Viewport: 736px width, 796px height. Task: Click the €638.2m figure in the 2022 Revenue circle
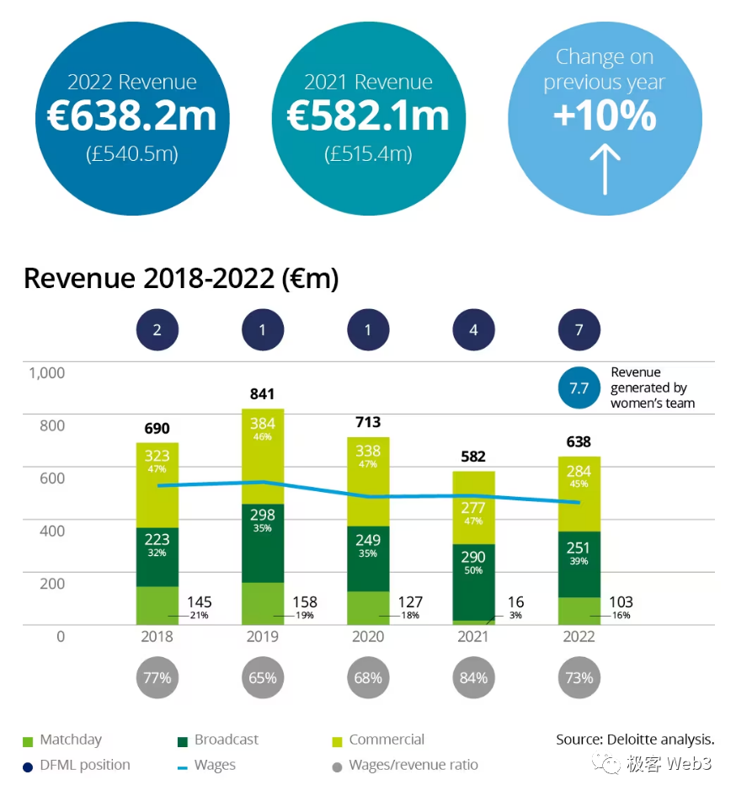click(131, 117)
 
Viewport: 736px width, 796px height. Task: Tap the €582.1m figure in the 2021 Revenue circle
click(368, 116)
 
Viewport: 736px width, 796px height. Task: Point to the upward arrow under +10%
click(604, 168)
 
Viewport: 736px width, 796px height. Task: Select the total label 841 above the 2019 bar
click(262, 393)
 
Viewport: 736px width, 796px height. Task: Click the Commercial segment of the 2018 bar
click(157, 484)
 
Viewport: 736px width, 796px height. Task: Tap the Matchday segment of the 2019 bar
click(262, 603)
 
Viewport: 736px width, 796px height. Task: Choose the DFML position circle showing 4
click(473, 330)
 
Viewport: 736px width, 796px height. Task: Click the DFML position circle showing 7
click(579, 330)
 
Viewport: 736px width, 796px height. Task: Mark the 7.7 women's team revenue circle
click(579, 387)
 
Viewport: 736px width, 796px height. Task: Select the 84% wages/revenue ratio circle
click(473, 677)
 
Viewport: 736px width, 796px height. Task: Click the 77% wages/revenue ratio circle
click(157, 677)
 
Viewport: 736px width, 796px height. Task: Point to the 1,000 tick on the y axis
click(47, 372)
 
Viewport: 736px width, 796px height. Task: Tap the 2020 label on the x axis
click(368, 637)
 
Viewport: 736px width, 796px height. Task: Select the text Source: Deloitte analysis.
click(635, 740)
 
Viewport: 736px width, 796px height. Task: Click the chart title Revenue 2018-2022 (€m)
click(181, 278)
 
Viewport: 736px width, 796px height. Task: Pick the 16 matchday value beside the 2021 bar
click(515, 602)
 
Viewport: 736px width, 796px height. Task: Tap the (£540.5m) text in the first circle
click(131, 154)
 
